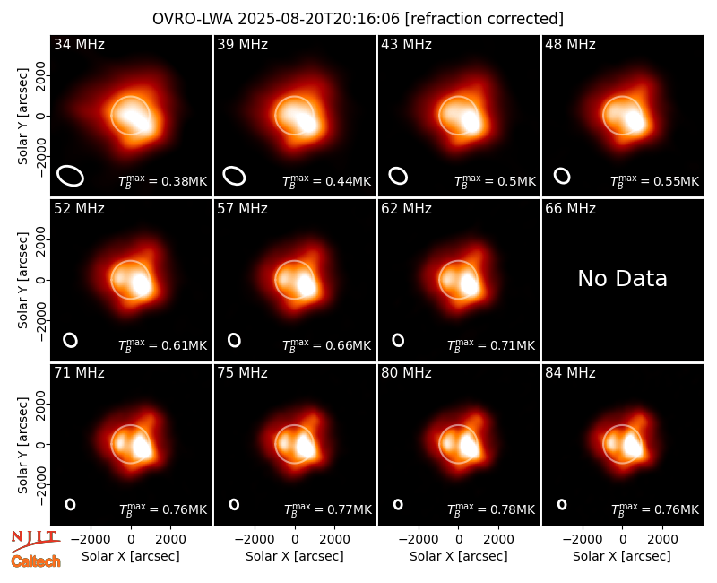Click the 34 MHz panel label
[79, 44]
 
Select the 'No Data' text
[622, 278]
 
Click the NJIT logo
[35, 539]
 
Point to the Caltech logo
[36, 561]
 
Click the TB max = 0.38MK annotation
[163, 181]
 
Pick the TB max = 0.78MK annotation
[490, 509]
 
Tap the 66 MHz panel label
[570, 209]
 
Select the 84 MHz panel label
[570, 373]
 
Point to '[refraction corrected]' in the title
[484, 19]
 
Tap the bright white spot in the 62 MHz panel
[469, 283]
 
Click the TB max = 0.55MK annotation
[654, 181]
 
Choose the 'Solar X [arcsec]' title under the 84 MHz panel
[622, 556]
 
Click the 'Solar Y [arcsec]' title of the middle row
[22, 280]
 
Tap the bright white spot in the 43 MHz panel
[471, 121]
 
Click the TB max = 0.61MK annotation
[163, 345]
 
